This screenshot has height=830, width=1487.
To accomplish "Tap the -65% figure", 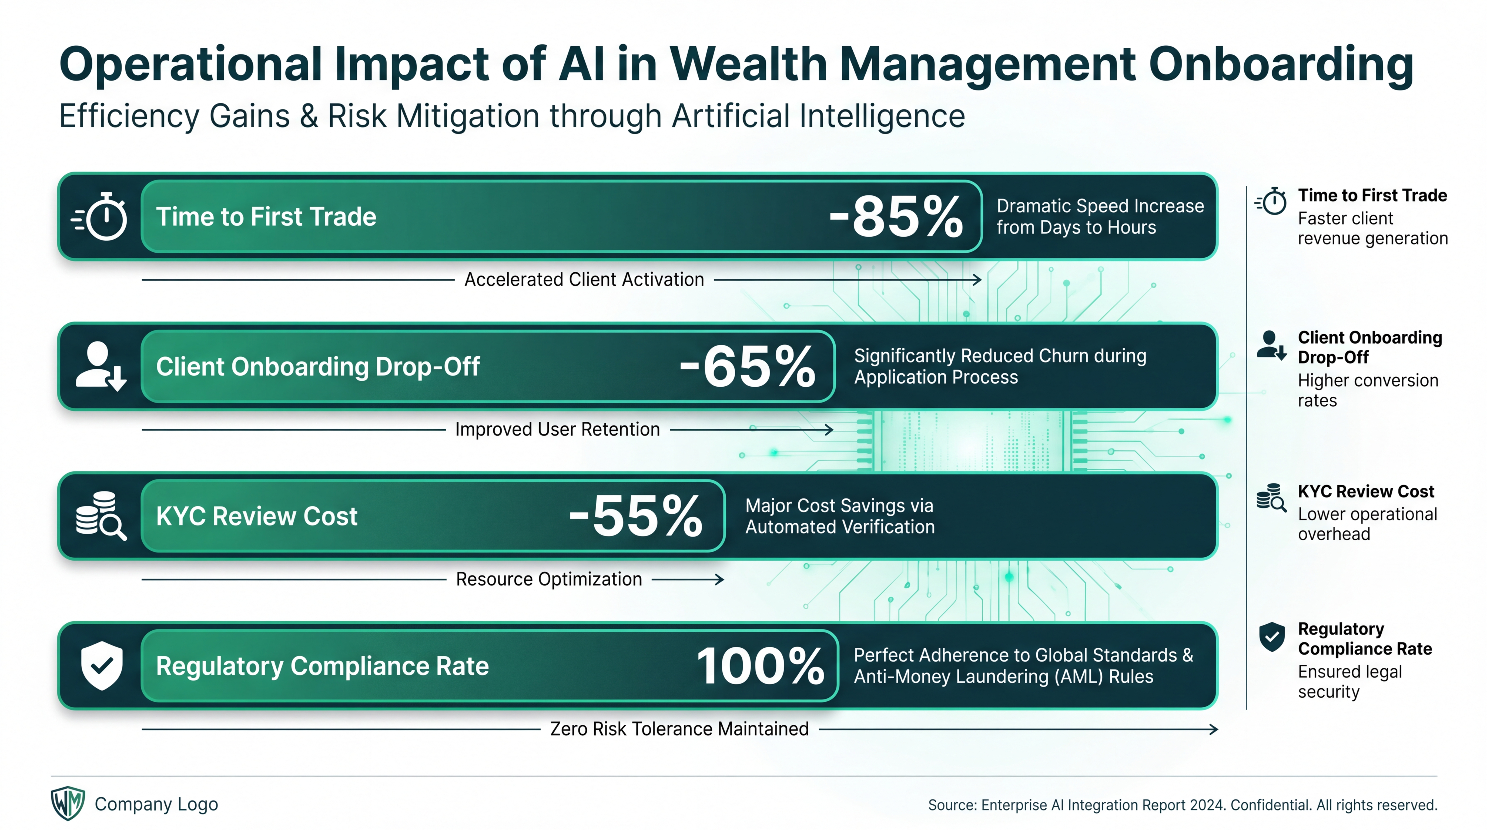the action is tap(748, 367).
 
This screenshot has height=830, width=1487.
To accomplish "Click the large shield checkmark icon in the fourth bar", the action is tap(102, 665).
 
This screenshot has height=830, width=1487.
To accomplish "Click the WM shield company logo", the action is tap(68, 804).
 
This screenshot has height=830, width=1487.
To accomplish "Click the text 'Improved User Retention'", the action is tap(557, 429).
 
